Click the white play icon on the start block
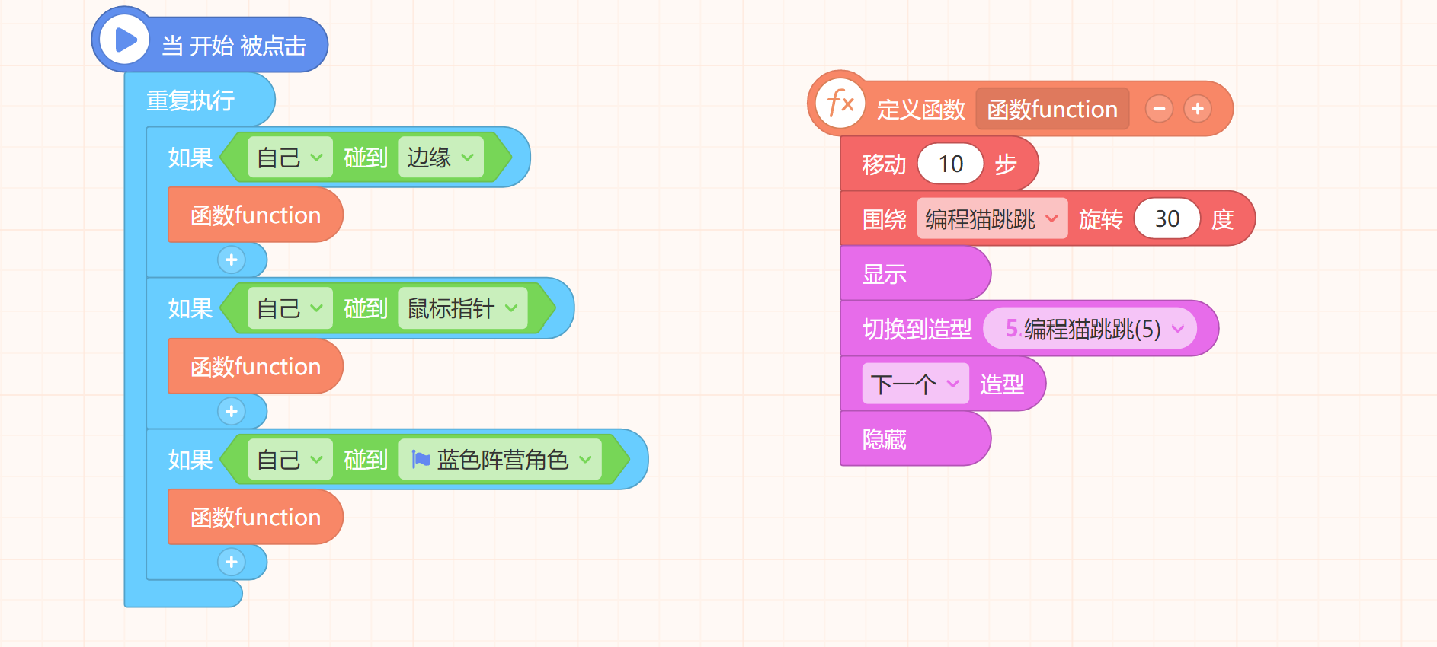click(x=126, y=40)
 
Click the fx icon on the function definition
click(x=840, y=103)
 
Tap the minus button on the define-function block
click(x=1159, y=109)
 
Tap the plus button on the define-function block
click(x=1198, y=109)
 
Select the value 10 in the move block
click(x=951, y=164)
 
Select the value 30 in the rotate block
click(x=1167, y=219)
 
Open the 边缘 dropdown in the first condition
click(x=440, y=158)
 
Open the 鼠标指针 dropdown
click(x=462, y=308)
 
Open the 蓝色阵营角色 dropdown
click(x=500, y=460)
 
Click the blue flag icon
click(x=421, y=459)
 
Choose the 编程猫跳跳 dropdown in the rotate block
click(x=992, y=219)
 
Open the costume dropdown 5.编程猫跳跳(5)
click(x=1090, y=329)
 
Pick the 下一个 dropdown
click(x=915, y=384)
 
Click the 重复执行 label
click(x=190, y=100)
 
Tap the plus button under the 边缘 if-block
click(x=232, y=260)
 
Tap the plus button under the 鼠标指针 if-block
click(x=232, y=411)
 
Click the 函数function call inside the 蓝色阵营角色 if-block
click(x=255, y=518)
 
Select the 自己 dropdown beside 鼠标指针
click(x=290, y=308)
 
